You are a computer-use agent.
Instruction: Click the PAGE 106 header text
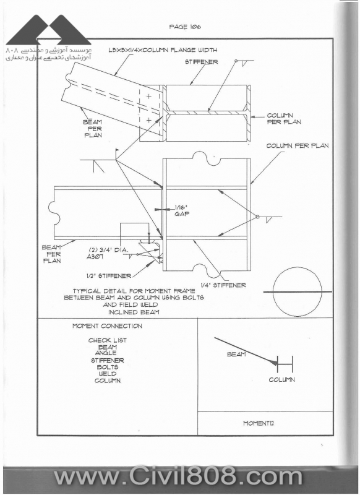[x=185, y=27]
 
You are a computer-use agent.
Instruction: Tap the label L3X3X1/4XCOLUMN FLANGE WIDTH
[x=163, y=50]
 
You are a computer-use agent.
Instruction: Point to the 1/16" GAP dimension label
[x=182, y=210]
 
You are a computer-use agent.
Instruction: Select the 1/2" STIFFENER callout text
[x=109, y=276]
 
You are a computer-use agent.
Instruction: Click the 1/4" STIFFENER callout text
[x=223, y=285]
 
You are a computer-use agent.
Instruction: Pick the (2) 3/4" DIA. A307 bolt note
[x=107, y=253]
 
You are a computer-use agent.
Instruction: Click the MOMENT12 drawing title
[x=259, y=423]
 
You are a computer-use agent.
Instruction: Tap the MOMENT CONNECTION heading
[x=107, y=326]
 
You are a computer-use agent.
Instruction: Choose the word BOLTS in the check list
[x=108, y=367]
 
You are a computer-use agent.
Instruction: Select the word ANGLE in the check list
[x=106, y=353]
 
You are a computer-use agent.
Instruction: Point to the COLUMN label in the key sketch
[x=282, y=380]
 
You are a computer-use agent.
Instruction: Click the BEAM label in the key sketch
[x=236, y=355]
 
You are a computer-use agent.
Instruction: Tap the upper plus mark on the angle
[x=148, y=96]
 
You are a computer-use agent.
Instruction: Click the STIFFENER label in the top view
[x=201, y=62]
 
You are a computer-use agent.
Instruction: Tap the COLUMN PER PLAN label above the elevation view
[x=298, y=146]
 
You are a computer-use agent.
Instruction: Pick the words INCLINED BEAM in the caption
[x=134, y=312]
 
